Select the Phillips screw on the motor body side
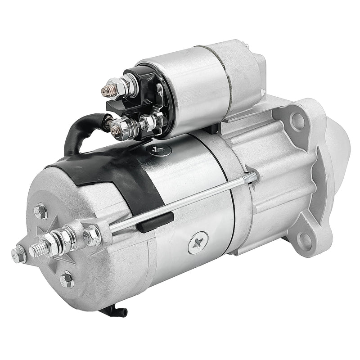pos(198,243)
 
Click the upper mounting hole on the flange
pos(297,120)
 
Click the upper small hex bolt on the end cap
pos(41,211)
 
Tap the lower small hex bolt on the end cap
pos(67,279)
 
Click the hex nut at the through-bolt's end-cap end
pos(92,234)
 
